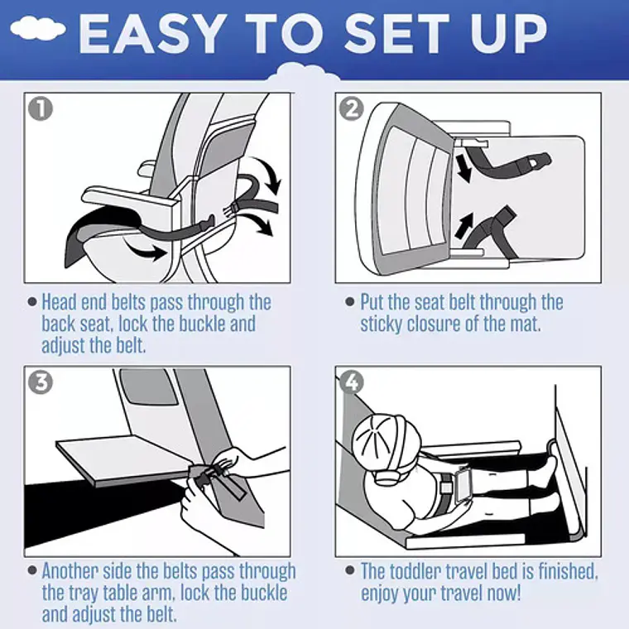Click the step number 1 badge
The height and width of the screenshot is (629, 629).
(x=41, y=108)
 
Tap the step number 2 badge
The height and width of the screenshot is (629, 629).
(x=352, y=108)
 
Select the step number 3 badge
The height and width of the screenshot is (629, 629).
(x=41, y=382)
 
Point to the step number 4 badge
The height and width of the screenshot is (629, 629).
(x=352, y=382)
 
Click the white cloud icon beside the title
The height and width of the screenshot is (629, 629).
(x=38, y=28)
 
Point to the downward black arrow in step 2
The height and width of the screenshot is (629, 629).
(x=463, y=169)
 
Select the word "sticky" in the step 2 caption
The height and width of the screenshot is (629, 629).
(x=381, y=324)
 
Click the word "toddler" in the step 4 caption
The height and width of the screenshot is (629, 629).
(x=415, y=571)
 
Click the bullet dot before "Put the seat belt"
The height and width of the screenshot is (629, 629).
(x=350, y=301)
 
